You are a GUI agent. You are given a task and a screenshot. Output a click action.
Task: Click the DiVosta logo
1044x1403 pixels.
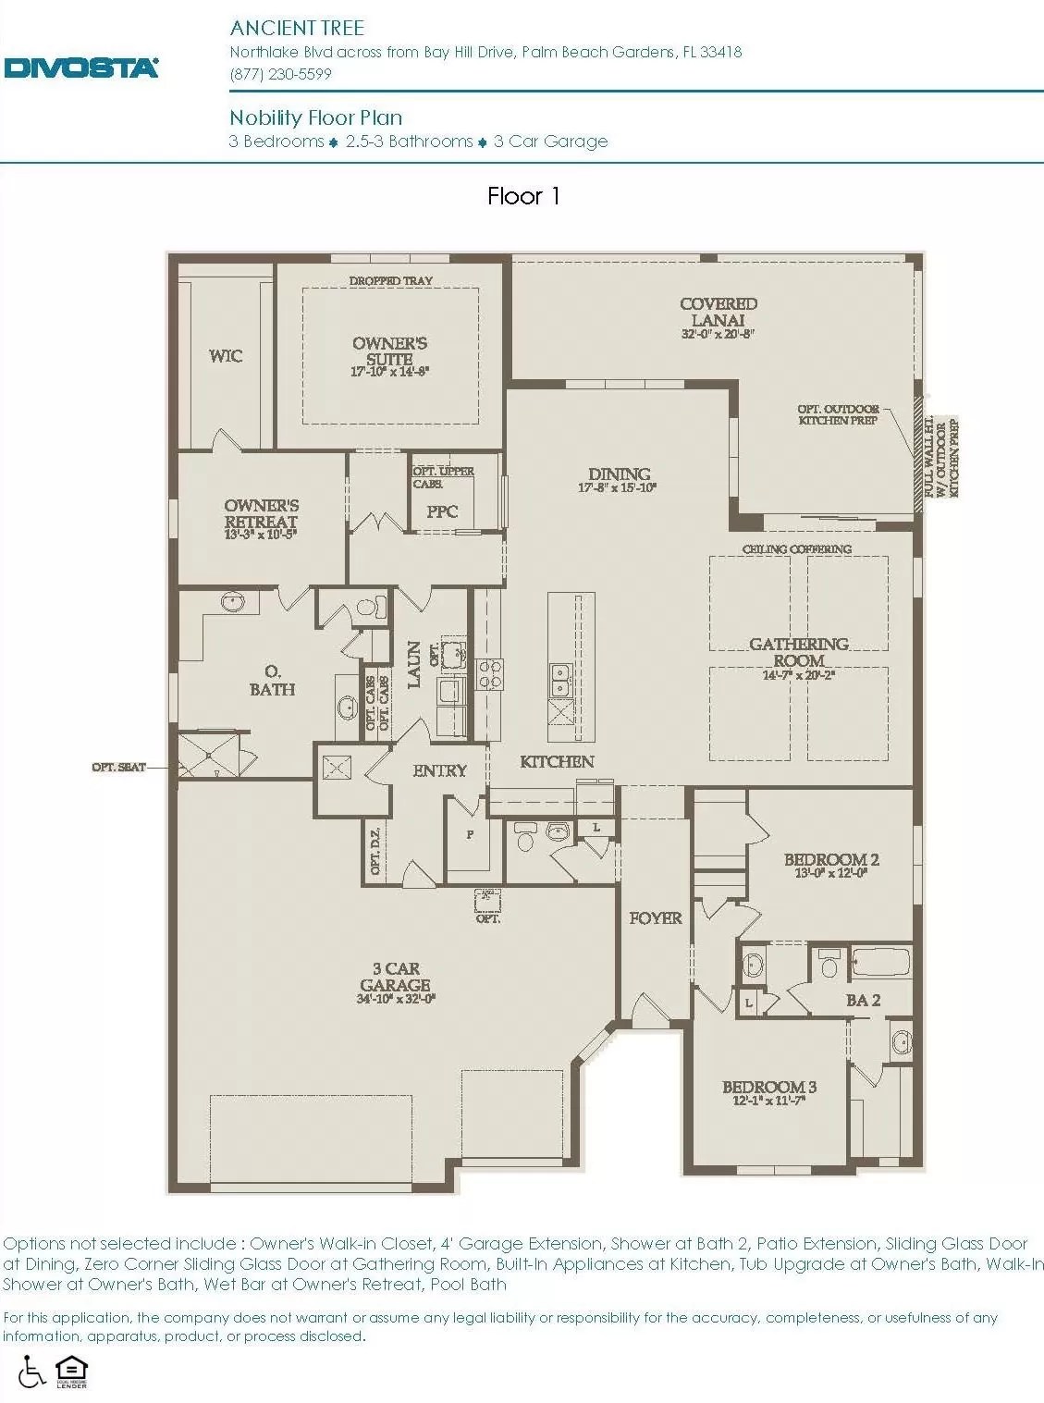point(81,68)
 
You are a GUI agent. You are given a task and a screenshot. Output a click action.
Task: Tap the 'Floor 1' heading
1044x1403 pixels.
point(523,196)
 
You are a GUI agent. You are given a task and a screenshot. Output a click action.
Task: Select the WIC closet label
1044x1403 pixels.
point(226,356)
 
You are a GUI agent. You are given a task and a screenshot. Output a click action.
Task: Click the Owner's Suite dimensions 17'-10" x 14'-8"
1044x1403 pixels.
point(389,372)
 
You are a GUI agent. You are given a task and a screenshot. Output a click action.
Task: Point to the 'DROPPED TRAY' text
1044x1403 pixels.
point(390,280)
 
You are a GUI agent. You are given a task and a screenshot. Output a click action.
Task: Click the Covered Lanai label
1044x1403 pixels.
point(718,312)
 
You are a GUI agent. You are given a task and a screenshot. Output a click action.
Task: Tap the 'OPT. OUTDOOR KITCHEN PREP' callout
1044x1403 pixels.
point(838,414)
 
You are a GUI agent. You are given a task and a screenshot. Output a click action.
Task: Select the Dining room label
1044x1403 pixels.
point(619,474)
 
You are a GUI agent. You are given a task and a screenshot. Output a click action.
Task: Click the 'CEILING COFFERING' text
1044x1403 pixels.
point(796,548)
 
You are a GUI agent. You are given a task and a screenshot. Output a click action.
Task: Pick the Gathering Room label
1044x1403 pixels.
point(798,652)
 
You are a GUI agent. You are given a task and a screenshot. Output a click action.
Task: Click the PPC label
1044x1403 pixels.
point(442,511)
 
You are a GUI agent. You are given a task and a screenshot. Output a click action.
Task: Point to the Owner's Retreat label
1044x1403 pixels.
point(261,513)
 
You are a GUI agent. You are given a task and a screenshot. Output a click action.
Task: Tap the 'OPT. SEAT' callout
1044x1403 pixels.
point(118,767)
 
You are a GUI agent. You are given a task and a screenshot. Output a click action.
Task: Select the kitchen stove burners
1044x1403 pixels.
point(489,673)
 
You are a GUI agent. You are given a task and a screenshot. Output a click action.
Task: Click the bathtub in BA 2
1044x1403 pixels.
point(880,962)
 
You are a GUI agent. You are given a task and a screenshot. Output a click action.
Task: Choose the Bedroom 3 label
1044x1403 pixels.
point(768,1087)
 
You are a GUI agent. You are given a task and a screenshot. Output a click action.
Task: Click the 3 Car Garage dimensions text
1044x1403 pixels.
point(396,999)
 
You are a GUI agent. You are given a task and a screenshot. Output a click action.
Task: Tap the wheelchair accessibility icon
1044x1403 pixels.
point(31,1372)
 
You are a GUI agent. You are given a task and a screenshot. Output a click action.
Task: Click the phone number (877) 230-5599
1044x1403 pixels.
point(280,74)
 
